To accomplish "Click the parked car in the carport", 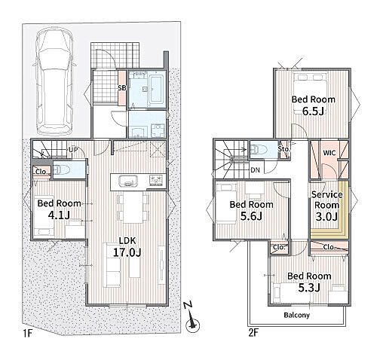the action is click(55, 82).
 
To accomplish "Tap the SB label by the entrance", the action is click(122, 88).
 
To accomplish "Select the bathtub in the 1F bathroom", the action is click(156, 89).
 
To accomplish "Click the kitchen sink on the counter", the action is click(128, 181).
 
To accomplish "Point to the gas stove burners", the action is click(156, 181).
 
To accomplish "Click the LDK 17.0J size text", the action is click(127, 252).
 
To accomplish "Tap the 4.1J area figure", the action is click(59, 215).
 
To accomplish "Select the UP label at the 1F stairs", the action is click(73, 150).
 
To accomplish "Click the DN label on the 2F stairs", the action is click(255, 170).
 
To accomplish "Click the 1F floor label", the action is click(27, 334).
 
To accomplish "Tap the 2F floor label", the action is click(253, 333).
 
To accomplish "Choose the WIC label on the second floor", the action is click(329, 153).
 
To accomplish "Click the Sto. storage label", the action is click(283, 149).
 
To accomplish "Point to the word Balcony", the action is click(296, 315).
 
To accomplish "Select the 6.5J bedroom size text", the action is click(313, 111).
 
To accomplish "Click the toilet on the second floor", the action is click(259, 150).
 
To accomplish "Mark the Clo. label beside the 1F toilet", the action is click(41, 172).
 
